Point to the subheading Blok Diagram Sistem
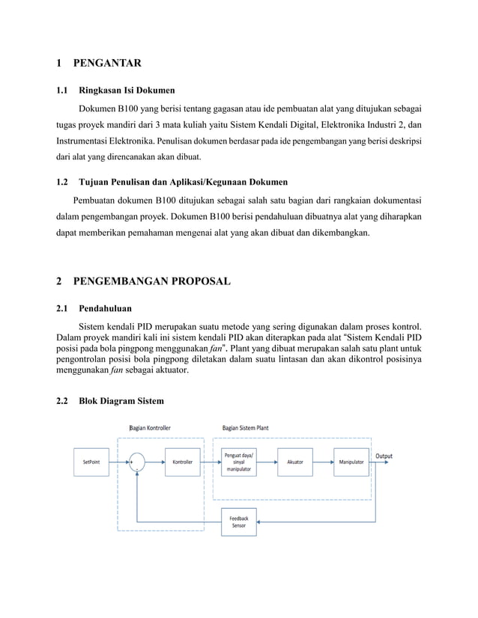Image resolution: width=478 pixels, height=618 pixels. (121, 401)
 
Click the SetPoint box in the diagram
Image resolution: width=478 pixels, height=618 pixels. (92, 462)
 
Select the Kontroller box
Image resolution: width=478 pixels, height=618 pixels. (182, 462)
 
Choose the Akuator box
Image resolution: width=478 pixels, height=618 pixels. (295, 462)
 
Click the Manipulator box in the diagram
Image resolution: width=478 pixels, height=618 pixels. (351, 462)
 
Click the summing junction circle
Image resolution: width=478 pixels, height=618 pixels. (136, 462)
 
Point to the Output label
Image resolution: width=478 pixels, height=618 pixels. (384, 456)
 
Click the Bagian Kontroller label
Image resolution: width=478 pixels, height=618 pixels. (150, 428)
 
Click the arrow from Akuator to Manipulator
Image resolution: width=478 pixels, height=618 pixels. (323, 462)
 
